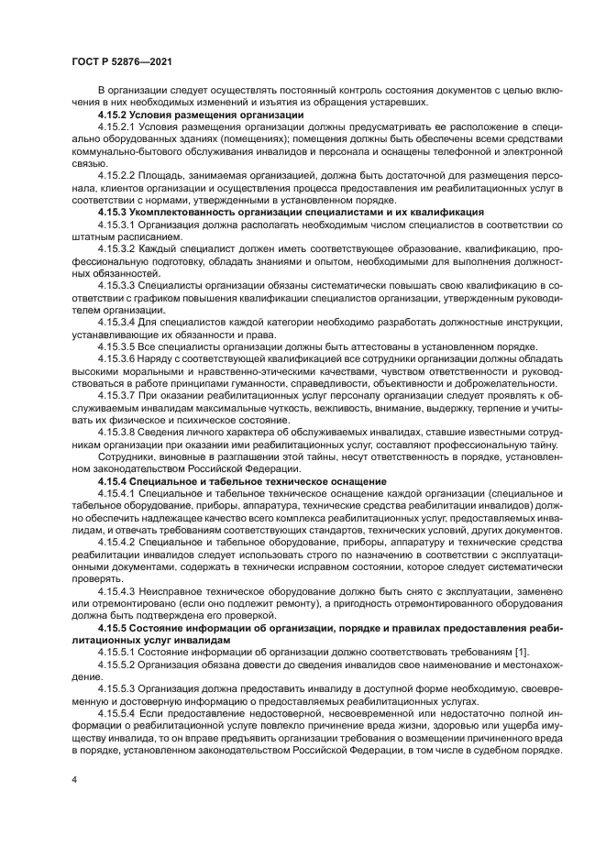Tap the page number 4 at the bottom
click(74, 779)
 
